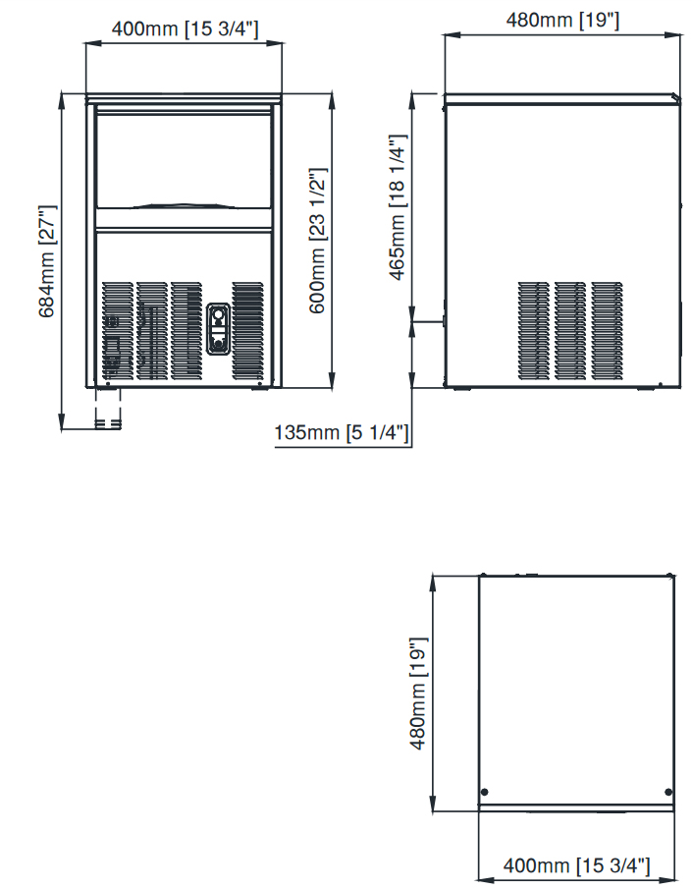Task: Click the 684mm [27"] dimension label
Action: point(47,261)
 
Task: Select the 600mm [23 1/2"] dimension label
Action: point(317,241)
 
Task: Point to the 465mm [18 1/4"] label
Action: point(398,207)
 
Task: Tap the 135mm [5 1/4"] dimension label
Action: point(342,432)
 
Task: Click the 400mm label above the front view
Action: point(185,28)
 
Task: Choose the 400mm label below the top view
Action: point(576,865)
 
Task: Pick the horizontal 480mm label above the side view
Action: point(562,21)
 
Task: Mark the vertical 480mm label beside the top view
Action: point(418,694)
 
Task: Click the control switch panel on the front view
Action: point(218,329)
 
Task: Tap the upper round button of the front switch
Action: point(218,313)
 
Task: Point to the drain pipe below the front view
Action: point(108,410)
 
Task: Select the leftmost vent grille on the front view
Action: point(118,330)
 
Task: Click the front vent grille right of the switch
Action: point(247,330)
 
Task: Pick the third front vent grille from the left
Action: point(186,330)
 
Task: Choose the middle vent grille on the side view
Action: point(570,330)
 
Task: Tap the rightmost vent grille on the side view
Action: point(607,330)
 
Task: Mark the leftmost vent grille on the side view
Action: point(533,330)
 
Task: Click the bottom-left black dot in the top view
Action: point(485,792)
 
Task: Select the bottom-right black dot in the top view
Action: point(668,792)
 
